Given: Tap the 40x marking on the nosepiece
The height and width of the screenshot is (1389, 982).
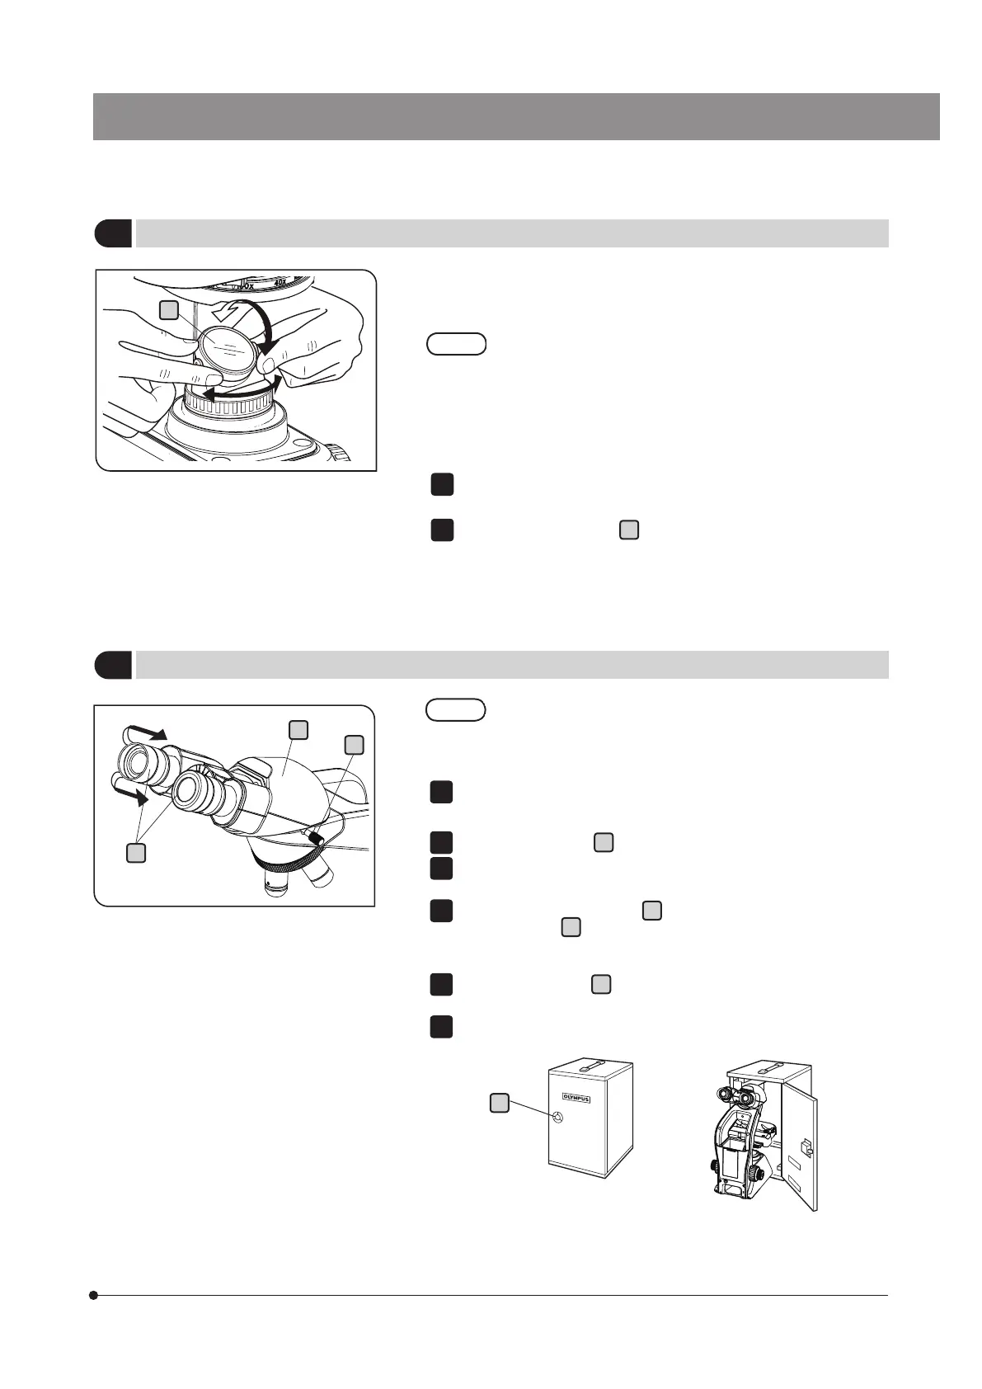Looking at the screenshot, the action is click(280, 281).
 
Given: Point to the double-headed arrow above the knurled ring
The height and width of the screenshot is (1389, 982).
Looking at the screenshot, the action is click(243, 393).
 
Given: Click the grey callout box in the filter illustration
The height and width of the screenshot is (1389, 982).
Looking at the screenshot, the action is click(168, 310).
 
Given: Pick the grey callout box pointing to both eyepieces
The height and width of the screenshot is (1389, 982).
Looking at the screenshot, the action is click(137, 853).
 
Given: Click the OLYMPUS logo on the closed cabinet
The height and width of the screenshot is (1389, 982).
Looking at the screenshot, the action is click(577, 1097).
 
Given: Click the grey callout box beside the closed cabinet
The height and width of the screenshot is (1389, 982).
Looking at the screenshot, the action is click(499, 1102).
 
